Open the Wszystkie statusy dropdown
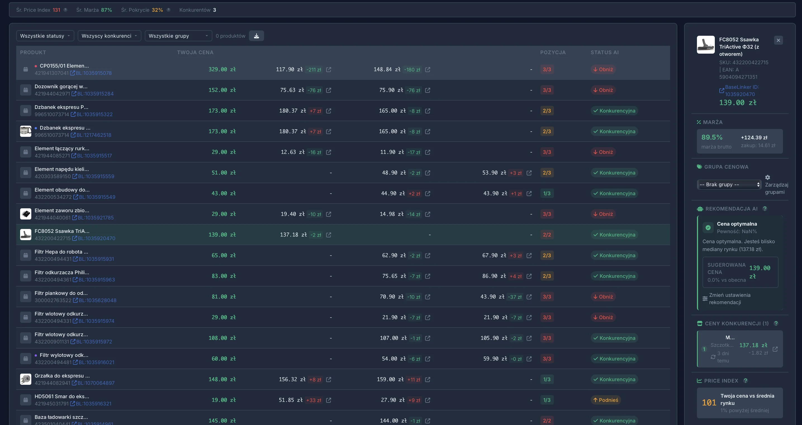coord(45,36)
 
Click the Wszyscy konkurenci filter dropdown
coord(109,36)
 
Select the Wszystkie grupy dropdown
coord(178,36)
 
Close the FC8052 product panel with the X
coord(778,40)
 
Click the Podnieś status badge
coord(605,400)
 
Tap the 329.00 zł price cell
coord(222,69)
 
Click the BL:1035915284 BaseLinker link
coord(95,94)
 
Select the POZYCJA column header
coord(553,52)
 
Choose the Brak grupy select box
coord(729,185)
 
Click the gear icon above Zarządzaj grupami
coord(767,177)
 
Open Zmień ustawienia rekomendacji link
coord(729,299)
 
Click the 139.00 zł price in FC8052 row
coord(222,235)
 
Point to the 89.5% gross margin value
coord(712,137)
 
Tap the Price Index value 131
coord(56,10)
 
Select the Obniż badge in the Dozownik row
coord(603,90)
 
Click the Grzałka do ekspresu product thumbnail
coord(25,379)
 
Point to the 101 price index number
coord(709,403)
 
